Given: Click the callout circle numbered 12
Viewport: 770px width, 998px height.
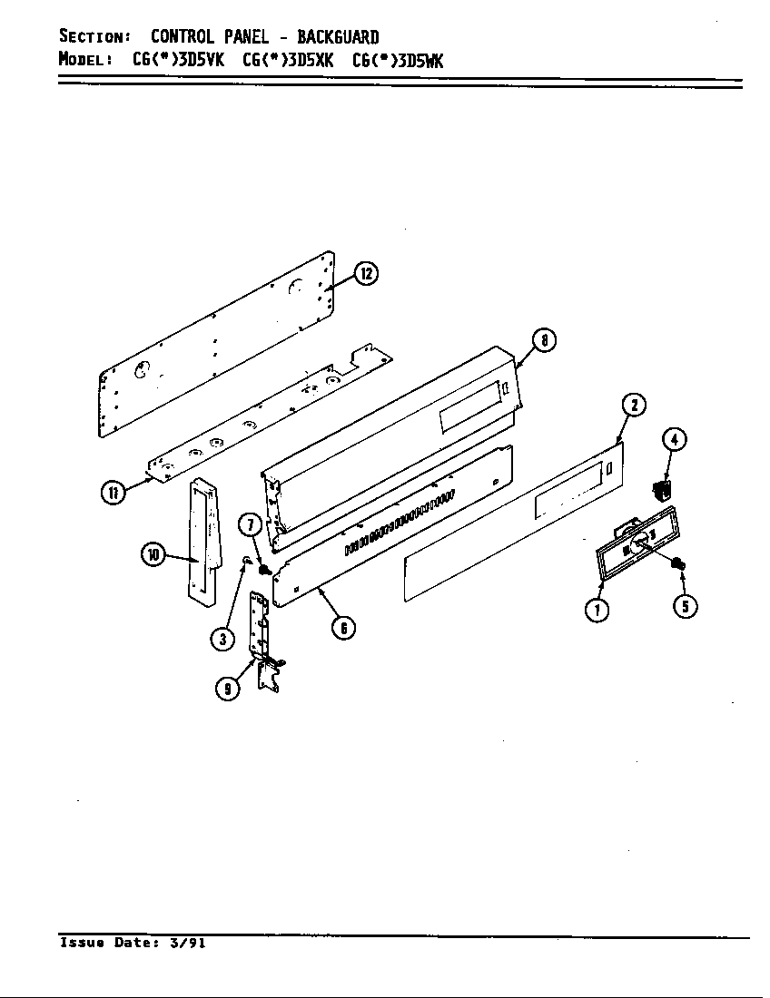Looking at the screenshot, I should coord(365,273).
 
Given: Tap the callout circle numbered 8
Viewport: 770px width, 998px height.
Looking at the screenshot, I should coord(543,341).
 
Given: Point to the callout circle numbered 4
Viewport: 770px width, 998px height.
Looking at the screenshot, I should coord(673,440).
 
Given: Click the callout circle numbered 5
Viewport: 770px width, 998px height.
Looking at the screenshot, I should coord(685,606).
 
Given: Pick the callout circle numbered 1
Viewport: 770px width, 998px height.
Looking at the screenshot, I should coord(597,610).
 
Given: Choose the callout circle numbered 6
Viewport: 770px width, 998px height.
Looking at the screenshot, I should coord(342,627).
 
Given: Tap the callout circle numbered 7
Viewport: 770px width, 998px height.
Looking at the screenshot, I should coord(251,524).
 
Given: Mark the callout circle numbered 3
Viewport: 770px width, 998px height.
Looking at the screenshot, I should coord(222,639).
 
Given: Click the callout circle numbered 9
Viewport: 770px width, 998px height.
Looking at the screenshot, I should coord(227,689).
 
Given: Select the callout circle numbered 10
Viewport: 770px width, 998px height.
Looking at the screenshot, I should coord(153,554).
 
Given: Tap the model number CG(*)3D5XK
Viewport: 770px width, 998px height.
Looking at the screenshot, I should coord(289,61).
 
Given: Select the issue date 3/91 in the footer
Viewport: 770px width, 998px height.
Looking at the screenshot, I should coord(187,944).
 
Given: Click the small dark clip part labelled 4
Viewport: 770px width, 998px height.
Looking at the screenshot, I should coord(661,490).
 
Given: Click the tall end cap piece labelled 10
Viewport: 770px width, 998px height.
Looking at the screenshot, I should coord(203,540).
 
